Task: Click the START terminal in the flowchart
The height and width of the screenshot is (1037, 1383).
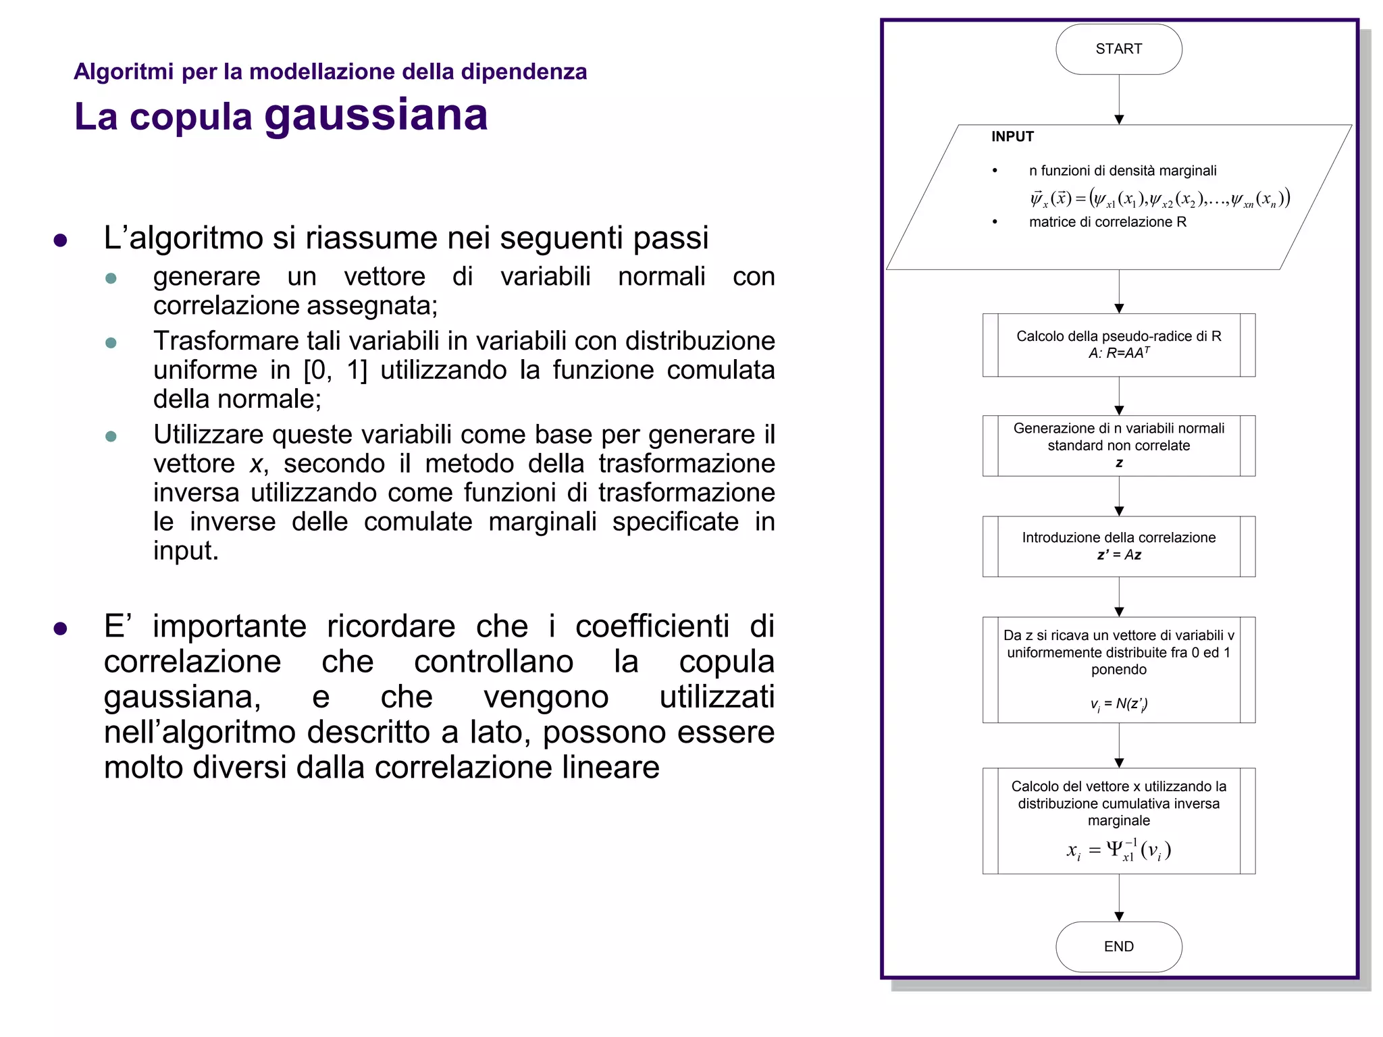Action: pyautogui.click(x=1118, y=49)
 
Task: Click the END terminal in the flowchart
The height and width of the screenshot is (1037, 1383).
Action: pyautogui.click(x=1118, y=946)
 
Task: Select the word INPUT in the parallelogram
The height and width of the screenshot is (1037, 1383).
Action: pyautogui.click(x=1012, y=136)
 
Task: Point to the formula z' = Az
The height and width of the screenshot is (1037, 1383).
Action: pyautogui.click(x=1118, y=555)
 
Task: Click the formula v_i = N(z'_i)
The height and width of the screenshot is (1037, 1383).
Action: pyautogui.click(x=1118, y=704)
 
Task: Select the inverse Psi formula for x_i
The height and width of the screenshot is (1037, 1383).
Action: pyautogui.click(x=1118, y=850)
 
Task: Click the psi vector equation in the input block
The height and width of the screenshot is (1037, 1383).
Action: pyautogui.click(x=1159, y=198)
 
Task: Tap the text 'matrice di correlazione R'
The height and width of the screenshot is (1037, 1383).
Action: pyautogui.click(x=1107, y=222)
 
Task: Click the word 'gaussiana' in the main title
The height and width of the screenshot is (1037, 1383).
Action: pyautogui.click(x=375, y=115)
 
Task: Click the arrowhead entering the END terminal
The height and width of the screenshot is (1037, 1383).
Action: pyautogui.click(x=1119, y=916)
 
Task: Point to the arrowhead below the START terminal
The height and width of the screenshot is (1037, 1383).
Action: pyautogui.click(x=1119, y=119)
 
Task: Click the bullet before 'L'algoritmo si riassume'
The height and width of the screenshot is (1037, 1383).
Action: pyautogui.click(x=60, y=240)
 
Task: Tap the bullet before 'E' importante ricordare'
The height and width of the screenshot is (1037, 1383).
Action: pyautogui.click(x=60, y=629)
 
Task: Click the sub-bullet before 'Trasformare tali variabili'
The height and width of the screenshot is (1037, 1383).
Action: pyautogui.click(x=111, y=343)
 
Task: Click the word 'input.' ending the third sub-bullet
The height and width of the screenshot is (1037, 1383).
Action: pyautogui.click(x=186, y=551)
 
